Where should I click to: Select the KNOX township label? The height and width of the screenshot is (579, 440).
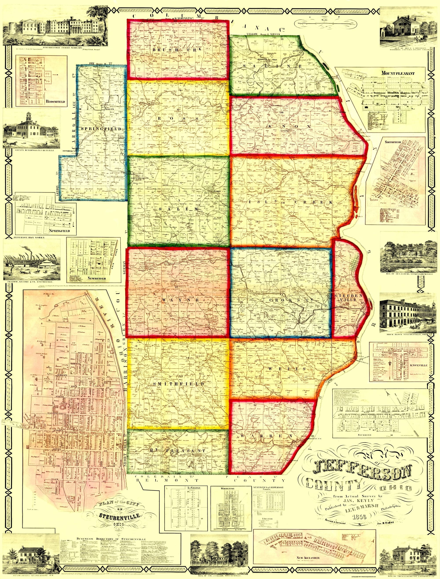click(289, 126)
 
